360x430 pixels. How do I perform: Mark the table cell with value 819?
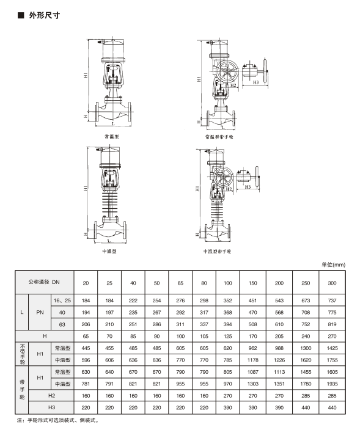click(x=332, y=324)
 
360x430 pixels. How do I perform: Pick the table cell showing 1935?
click(x=332, y=383)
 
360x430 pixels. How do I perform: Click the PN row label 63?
click(x=61, y=324)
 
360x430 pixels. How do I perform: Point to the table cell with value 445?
click(x=86, y=348)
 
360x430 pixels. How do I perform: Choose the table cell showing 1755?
click(x=332, y=359)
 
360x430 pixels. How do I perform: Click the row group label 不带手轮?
click(x=22, y=353)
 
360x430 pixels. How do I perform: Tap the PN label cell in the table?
click(x=40, y=312)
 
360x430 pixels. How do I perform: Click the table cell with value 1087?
click(x=252, y=371)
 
